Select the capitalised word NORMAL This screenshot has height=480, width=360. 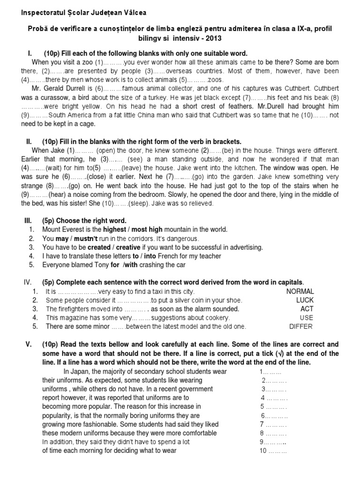click(300, 292)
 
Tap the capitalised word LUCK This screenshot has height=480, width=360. click(305, 300)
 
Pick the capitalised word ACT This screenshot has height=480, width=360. click(307, 309)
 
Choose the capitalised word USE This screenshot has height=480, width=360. click(307, 318)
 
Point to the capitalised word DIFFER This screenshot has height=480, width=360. click(301, 327)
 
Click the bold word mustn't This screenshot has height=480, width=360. click(82, 239)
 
